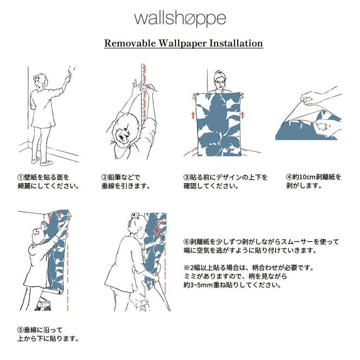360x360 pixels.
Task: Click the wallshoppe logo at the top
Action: point(180,18)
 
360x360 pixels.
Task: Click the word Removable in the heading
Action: point(126,43)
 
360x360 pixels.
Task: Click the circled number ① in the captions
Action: point(21,177)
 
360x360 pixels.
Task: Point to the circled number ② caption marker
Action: point(105,177)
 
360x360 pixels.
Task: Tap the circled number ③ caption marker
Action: point(187,177)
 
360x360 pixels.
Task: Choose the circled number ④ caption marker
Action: point(289,177)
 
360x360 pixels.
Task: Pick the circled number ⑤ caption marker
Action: point(21,330)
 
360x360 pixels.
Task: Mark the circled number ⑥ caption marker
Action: point(187,241)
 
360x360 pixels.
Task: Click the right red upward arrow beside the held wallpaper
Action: point(243,114)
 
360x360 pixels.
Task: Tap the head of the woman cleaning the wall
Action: point(39,81)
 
